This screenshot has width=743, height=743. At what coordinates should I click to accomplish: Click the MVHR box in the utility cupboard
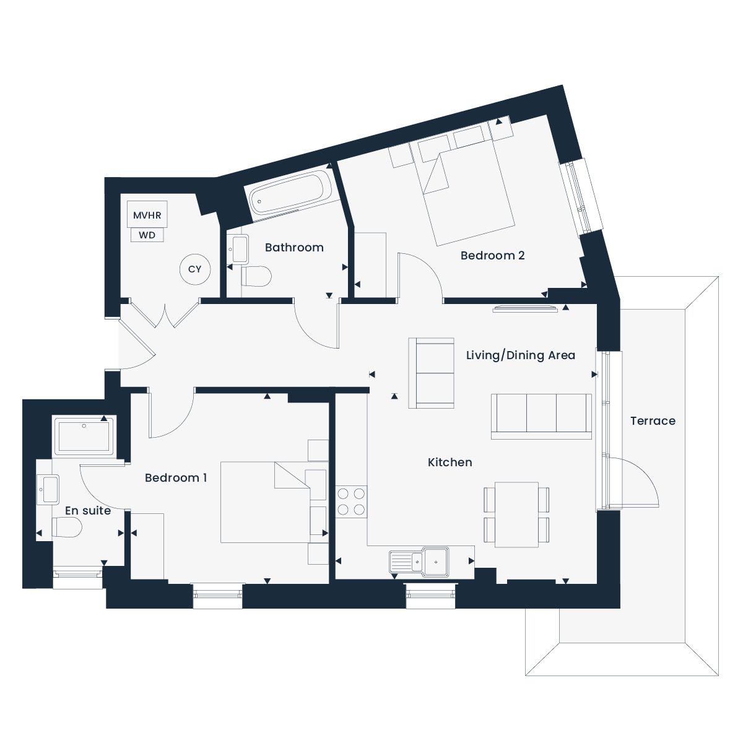(147, 214)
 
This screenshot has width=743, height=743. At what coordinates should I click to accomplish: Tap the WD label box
(147, 235)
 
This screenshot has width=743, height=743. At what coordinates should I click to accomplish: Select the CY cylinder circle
(195, 269)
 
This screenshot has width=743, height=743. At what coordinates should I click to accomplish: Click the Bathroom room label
(294, 248)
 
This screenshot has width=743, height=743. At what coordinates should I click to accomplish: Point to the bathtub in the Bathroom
(290, 194)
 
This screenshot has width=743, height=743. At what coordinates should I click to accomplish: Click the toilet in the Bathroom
(256, 276)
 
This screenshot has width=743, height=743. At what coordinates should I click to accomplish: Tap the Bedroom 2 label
(492, 255)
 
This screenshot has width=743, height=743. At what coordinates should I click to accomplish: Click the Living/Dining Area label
(521, 355)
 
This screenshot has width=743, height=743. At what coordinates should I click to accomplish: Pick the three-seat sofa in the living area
(541, 417)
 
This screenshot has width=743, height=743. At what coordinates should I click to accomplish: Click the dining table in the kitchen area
(516, 515)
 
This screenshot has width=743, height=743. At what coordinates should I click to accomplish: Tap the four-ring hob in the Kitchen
(351, 502)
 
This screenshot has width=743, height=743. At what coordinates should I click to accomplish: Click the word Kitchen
(450, 462)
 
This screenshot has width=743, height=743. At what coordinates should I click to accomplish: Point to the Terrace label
(653, 420)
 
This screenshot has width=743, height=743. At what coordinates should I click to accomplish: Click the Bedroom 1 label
(176, 478)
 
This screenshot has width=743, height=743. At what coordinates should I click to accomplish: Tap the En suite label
(88, 510)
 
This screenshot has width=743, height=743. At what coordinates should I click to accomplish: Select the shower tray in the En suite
(84, 437)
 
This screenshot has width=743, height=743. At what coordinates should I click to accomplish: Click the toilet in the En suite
(67, 527)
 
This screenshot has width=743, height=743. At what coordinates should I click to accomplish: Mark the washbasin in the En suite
(48, 490)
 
